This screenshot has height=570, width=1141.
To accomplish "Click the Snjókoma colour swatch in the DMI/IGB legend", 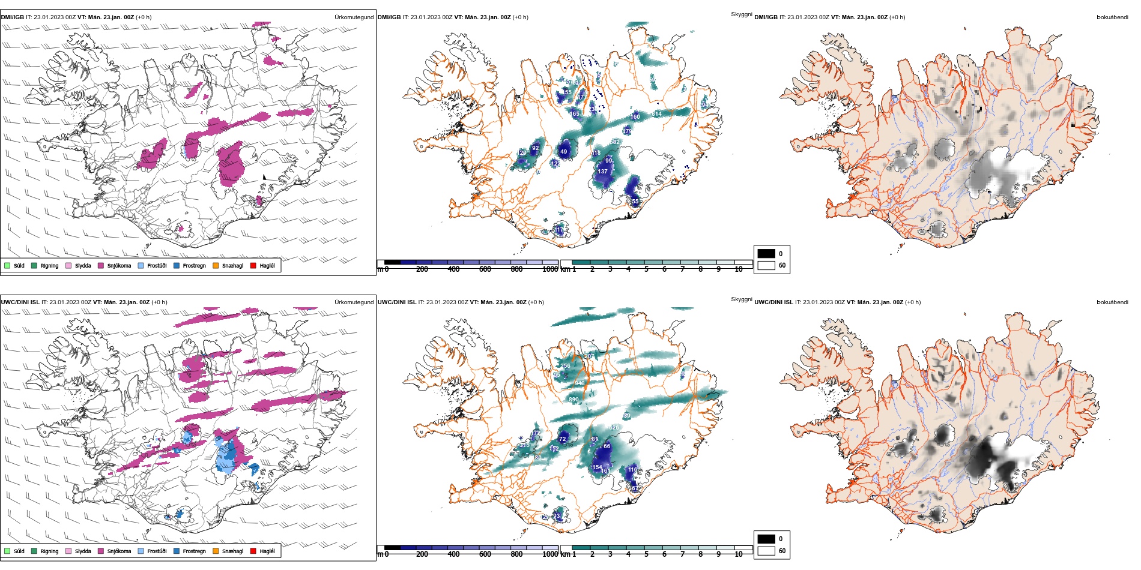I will point(101,265).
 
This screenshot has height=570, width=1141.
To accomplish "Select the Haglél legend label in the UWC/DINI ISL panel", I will point(267,551).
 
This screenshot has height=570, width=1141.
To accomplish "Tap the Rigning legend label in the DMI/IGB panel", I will point(49,265).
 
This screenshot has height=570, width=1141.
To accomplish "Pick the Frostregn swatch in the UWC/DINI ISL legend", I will point(177,551).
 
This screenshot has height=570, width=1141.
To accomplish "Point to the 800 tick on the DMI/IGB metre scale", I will point(516,269).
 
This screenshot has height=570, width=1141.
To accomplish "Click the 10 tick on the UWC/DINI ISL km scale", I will point(739,554).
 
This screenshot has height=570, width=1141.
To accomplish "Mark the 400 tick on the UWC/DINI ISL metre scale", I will point(453,554).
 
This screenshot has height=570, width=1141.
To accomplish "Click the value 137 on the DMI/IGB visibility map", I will point(602,172).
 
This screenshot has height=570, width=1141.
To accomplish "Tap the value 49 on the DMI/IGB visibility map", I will point(563,152).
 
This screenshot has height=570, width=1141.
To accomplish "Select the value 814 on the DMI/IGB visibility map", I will point(656,114).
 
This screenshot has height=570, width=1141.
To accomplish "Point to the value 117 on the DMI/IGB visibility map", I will point(559,230).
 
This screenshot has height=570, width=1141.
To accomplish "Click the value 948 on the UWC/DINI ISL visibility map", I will point(580,383).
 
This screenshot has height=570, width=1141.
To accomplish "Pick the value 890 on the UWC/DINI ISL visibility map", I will point(574,400).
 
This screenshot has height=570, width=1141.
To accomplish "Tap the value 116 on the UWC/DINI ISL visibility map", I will point(632,470).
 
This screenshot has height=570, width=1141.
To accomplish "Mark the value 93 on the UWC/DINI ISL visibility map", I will point(556,516).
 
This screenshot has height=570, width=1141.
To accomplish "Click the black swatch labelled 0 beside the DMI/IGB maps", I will point(766,253).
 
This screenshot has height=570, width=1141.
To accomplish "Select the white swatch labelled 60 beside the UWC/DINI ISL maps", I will point(766,551).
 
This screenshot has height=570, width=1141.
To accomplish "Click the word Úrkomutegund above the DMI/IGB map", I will point(354,17).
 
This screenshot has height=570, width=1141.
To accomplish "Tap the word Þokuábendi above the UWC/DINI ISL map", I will point(1112,302).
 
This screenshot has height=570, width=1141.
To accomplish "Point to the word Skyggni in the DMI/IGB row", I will point(741,14).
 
